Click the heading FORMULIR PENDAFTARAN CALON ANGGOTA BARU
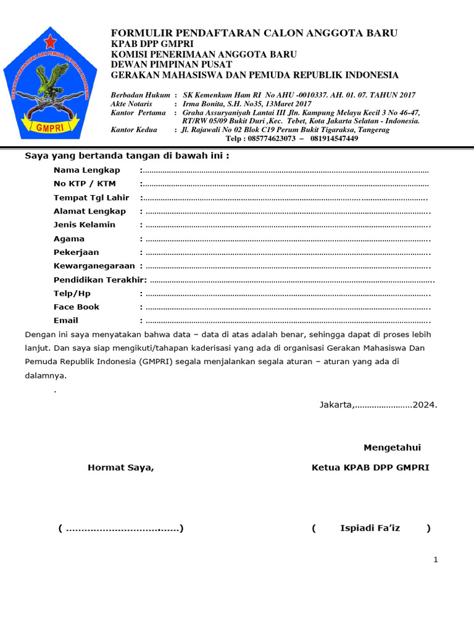pyautogui.click(x=254, y=33)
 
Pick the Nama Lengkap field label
pyautogui.click(x=87, y=170)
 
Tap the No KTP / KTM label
pyautogui.click(x=85, y=184)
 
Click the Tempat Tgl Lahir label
pyautogui.click(x=91, y=197)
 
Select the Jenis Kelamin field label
pyautogui.click(x=85, y=225)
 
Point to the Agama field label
pyautogui.click(x=69, y=239)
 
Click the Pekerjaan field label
pyautogui.click(x=77, y=252)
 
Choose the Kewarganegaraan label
pyautogui.click(x=94, y=266)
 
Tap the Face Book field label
pyautogui.click(x=77, y=307)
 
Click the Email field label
pyautogui.click(x=66, y=320)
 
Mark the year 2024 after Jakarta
pyautogui.click(x=425, y=405)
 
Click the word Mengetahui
pyautogui.click(x=393, y=447)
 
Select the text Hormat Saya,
pyautogui.click(x=121, y=468)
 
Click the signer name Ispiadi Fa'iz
pyautogui.click(x=370, y=528)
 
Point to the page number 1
pyautogui.click(x=436, y=560)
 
